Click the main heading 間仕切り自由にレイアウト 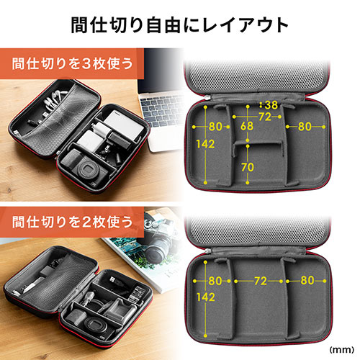coord(179,25)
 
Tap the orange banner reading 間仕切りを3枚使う coord(72,63)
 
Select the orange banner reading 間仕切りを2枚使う coord(72,222)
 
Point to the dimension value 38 coord(271,105)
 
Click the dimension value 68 coord(247,126)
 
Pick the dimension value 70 coord(248,167)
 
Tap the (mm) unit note coord(342,350)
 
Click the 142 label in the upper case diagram coord(205,144)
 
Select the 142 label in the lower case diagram coord(205,297)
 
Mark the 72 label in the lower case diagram coord(261,281)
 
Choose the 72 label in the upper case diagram coord(265,117)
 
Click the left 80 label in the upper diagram coord(215,127)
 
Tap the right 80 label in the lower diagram coord(307,280)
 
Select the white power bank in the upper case coord(124,125)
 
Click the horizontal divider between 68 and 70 coord(257,144)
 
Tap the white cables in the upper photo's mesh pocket coord(53,99)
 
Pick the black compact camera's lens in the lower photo coord(96,325)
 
